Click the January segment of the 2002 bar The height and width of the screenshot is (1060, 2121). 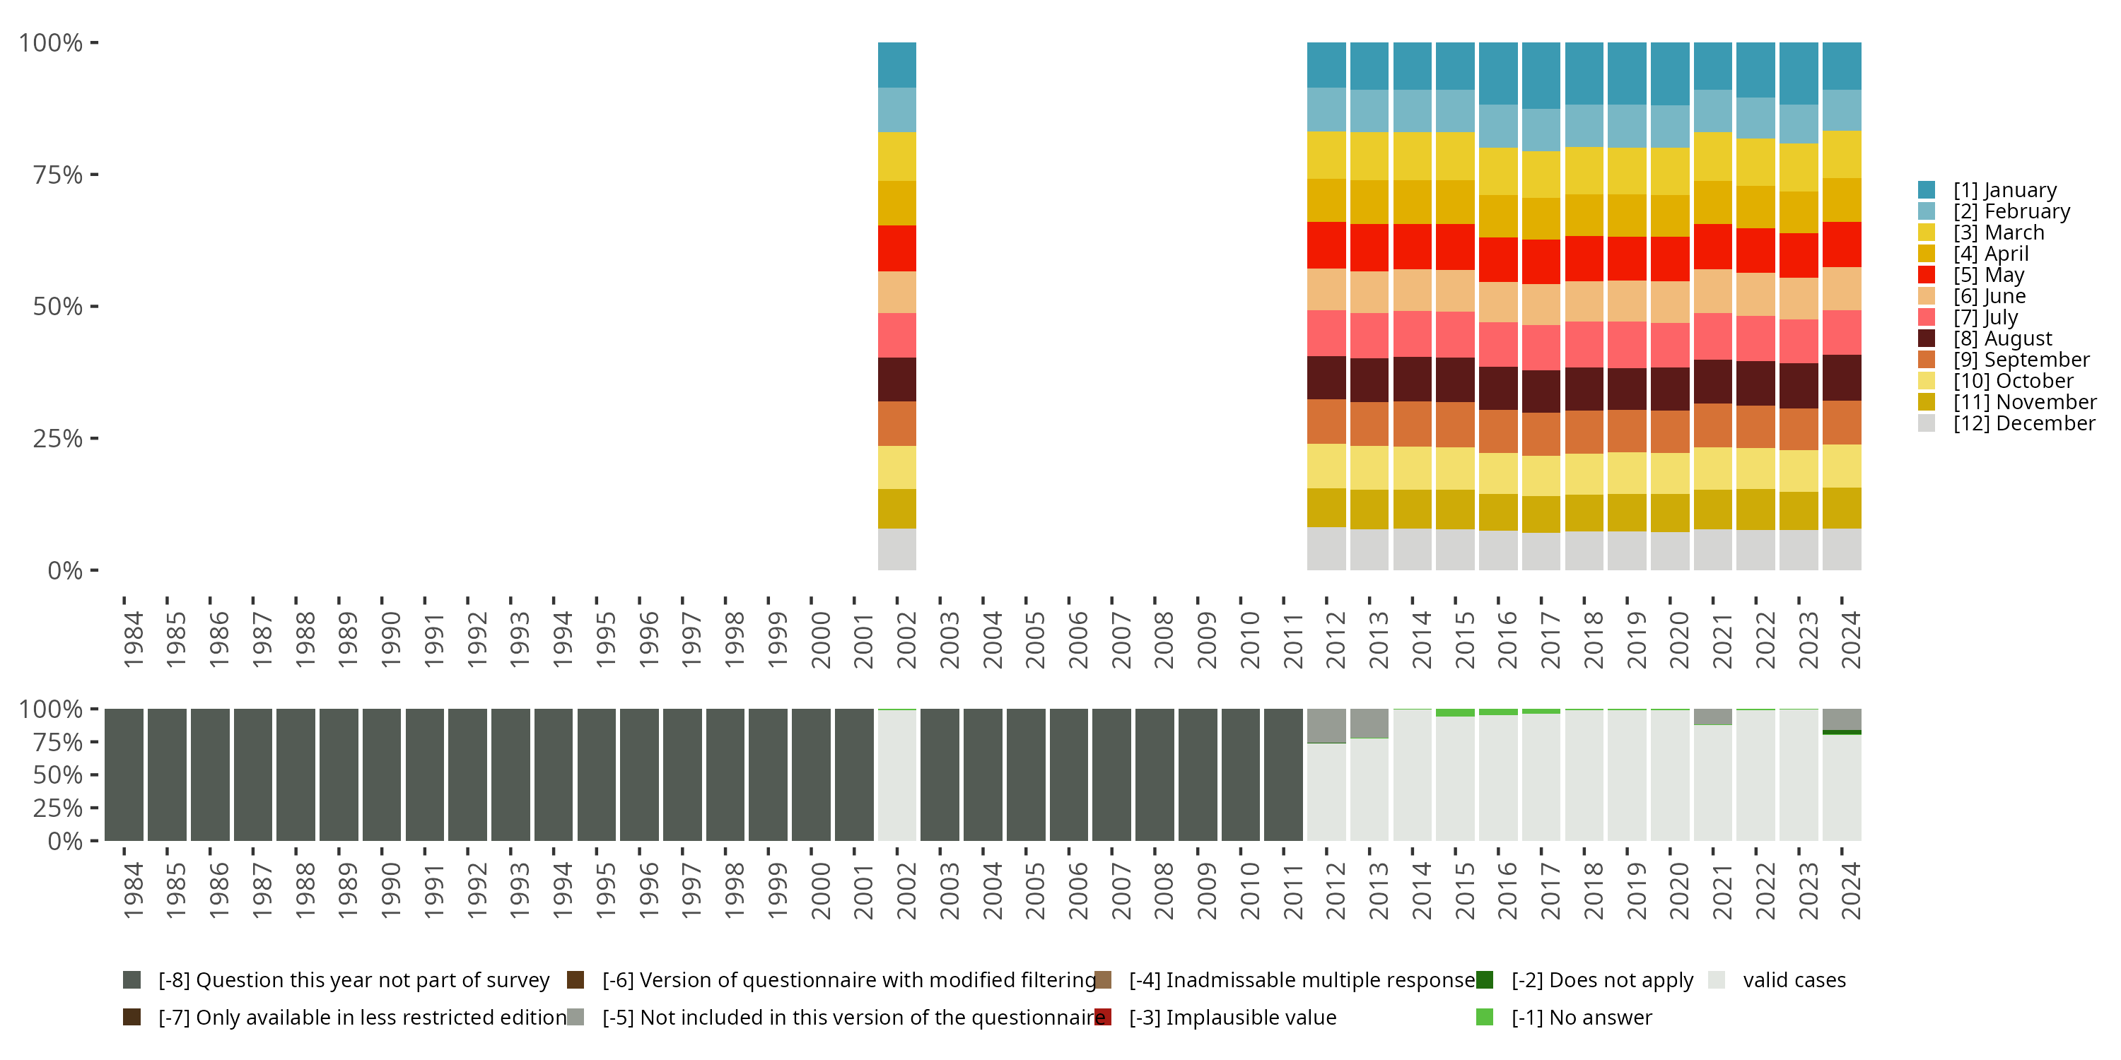pyautogui.click(x=896, y=65)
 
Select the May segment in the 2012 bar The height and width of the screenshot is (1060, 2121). pyautogui.click(x=1326, y=245)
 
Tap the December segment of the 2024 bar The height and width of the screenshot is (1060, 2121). pyautogui.click(x=1842, y=549)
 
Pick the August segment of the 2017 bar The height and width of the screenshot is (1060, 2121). pyautogui.click(x=1541, y=391)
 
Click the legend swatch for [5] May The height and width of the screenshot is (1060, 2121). pyautogui.click(x=1927, y=275)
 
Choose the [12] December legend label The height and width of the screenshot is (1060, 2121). pyautogui.click(x=2024, y=424)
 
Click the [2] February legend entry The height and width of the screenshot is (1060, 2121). pyautogui.click(x=2011, y=211)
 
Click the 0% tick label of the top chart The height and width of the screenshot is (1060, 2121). pyautogui.click(x=65, y=570)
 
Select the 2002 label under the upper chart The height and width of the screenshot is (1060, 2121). pyautogui.click(x=906, y=640)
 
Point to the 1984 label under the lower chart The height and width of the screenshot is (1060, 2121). pyautogui.click(x=134, y=890)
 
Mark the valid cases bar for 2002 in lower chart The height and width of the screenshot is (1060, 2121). pyautogui.click(x=896, y=775)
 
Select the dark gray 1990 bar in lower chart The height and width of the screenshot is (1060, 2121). pyautogui.click(x=382, y=775)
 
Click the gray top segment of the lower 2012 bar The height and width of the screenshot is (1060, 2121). pyautogui.click(x=1326, y=726)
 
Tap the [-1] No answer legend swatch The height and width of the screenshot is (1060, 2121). pyautogui.click(x=1485, y=1017)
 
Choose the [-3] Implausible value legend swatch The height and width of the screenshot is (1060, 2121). pyautogui.click(x=1102, y=1017)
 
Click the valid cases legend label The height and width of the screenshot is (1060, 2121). pyautogui.click(x=1794, y=980)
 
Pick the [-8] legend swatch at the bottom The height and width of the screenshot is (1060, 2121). pyautogui.click(x=132, y=980)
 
